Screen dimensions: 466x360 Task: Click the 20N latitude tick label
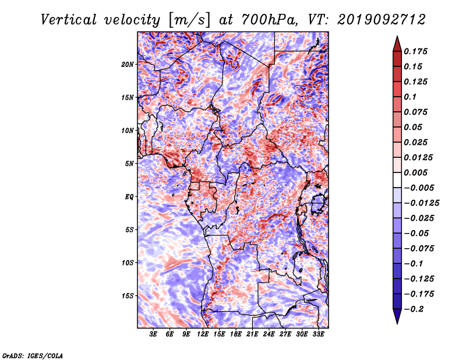tap(127, 65)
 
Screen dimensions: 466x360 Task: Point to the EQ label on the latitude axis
tap(129, 197)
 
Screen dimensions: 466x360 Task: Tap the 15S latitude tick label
tap(128, 296)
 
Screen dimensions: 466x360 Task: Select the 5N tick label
tap(129, 164)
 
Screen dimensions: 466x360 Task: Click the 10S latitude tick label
tap(128, 263)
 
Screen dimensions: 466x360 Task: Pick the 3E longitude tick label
tap(153, 334)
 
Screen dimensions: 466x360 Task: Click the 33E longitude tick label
tap(318, 334)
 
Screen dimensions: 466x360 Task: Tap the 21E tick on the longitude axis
tap(252, 334)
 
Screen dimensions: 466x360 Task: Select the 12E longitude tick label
tap(203, 334)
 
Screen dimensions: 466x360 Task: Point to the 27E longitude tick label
tap(285, 334)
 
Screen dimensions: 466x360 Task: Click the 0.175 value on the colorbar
tap(415, 51)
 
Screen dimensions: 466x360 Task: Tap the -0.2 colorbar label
tap(414, 309)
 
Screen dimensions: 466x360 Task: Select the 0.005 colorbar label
tap(415, 172)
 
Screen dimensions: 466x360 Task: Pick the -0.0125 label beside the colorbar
tap(421, 203)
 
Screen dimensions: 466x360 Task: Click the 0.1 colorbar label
tap(410, 97)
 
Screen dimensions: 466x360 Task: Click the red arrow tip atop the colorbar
tap(397, 37)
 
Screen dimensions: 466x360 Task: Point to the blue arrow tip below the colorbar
tap(397, 323)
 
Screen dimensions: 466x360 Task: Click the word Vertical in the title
tap(69, 20)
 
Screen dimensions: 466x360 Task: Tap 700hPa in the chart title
tap(269, 20)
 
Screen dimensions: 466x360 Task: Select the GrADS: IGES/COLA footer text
tap(33, 355)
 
